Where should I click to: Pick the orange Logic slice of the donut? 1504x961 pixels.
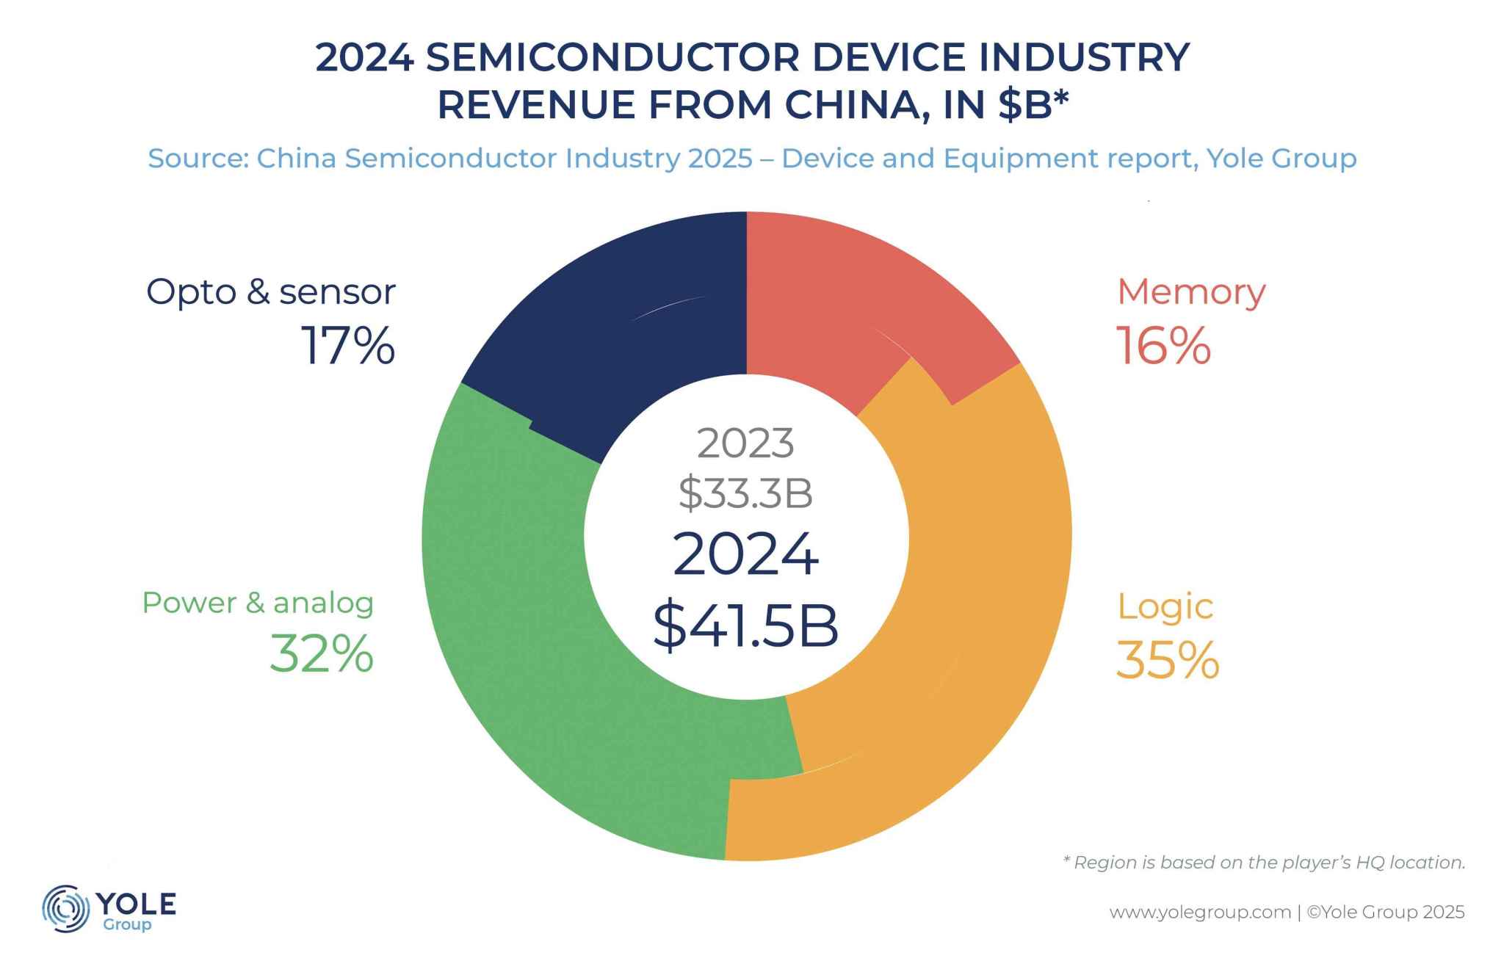tap(984, 587)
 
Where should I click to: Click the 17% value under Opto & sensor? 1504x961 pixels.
tap(347, 347)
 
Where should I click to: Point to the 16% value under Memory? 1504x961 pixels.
tap(1163, 347)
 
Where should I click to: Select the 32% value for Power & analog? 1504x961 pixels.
tap(322, 654)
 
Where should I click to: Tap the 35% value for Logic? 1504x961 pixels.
tap(1167, 660)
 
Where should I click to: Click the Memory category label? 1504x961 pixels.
tap(1191, 292)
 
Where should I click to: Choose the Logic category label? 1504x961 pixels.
tap(1165, 606)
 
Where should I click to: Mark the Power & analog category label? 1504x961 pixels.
tap(258, 603)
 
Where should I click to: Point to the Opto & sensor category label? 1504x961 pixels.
tap(271, 292)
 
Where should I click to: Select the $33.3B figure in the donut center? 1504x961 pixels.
tap(745, 493)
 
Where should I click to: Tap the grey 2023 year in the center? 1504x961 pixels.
tap(745, 443)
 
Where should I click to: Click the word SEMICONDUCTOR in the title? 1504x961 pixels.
tap(612, 57)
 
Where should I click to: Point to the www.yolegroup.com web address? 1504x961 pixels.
tap(1199, 913)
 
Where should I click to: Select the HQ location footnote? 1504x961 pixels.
tap(1264, 863)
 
